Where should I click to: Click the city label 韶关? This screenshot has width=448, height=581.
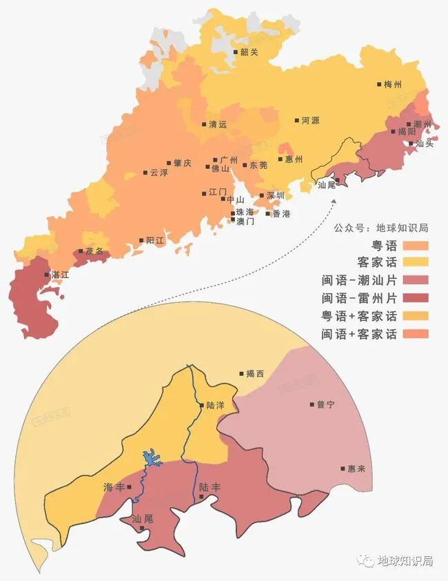coord(249,52)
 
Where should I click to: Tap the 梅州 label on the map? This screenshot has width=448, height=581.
coord(393,85)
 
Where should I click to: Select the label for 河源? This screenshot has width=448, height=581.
coord(310,121)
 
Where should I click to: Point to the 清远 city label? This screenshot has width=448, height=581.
coord(218,125)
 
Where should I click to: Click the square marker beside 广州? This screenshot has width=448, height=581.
coord(215,159)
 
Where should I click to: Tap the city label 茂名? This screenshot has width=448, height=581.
coord(94,251)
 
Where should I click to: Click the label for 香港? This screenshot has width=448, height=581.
coord(281,214)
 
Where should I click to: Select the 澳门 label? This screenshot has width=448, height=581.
coord(245,221)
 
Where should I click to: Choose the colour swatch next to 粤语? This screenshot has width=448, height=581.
coord(416,245)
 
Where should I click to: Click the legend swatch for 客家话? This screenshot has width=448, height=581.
coord(416,262)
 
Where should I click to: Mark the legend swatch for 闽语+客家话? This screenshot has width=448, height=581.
coord(416,334)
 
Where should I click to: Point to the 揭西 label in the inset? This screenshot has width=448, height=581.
coord(255,374)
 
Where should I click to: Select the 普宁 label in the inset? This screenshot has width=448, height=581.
coord(325,405)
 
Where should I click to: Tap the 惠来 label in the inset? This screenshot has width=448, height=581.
coord(356,469)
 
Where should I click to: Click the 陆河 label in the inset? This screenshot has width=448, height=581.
coord(216,406)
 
